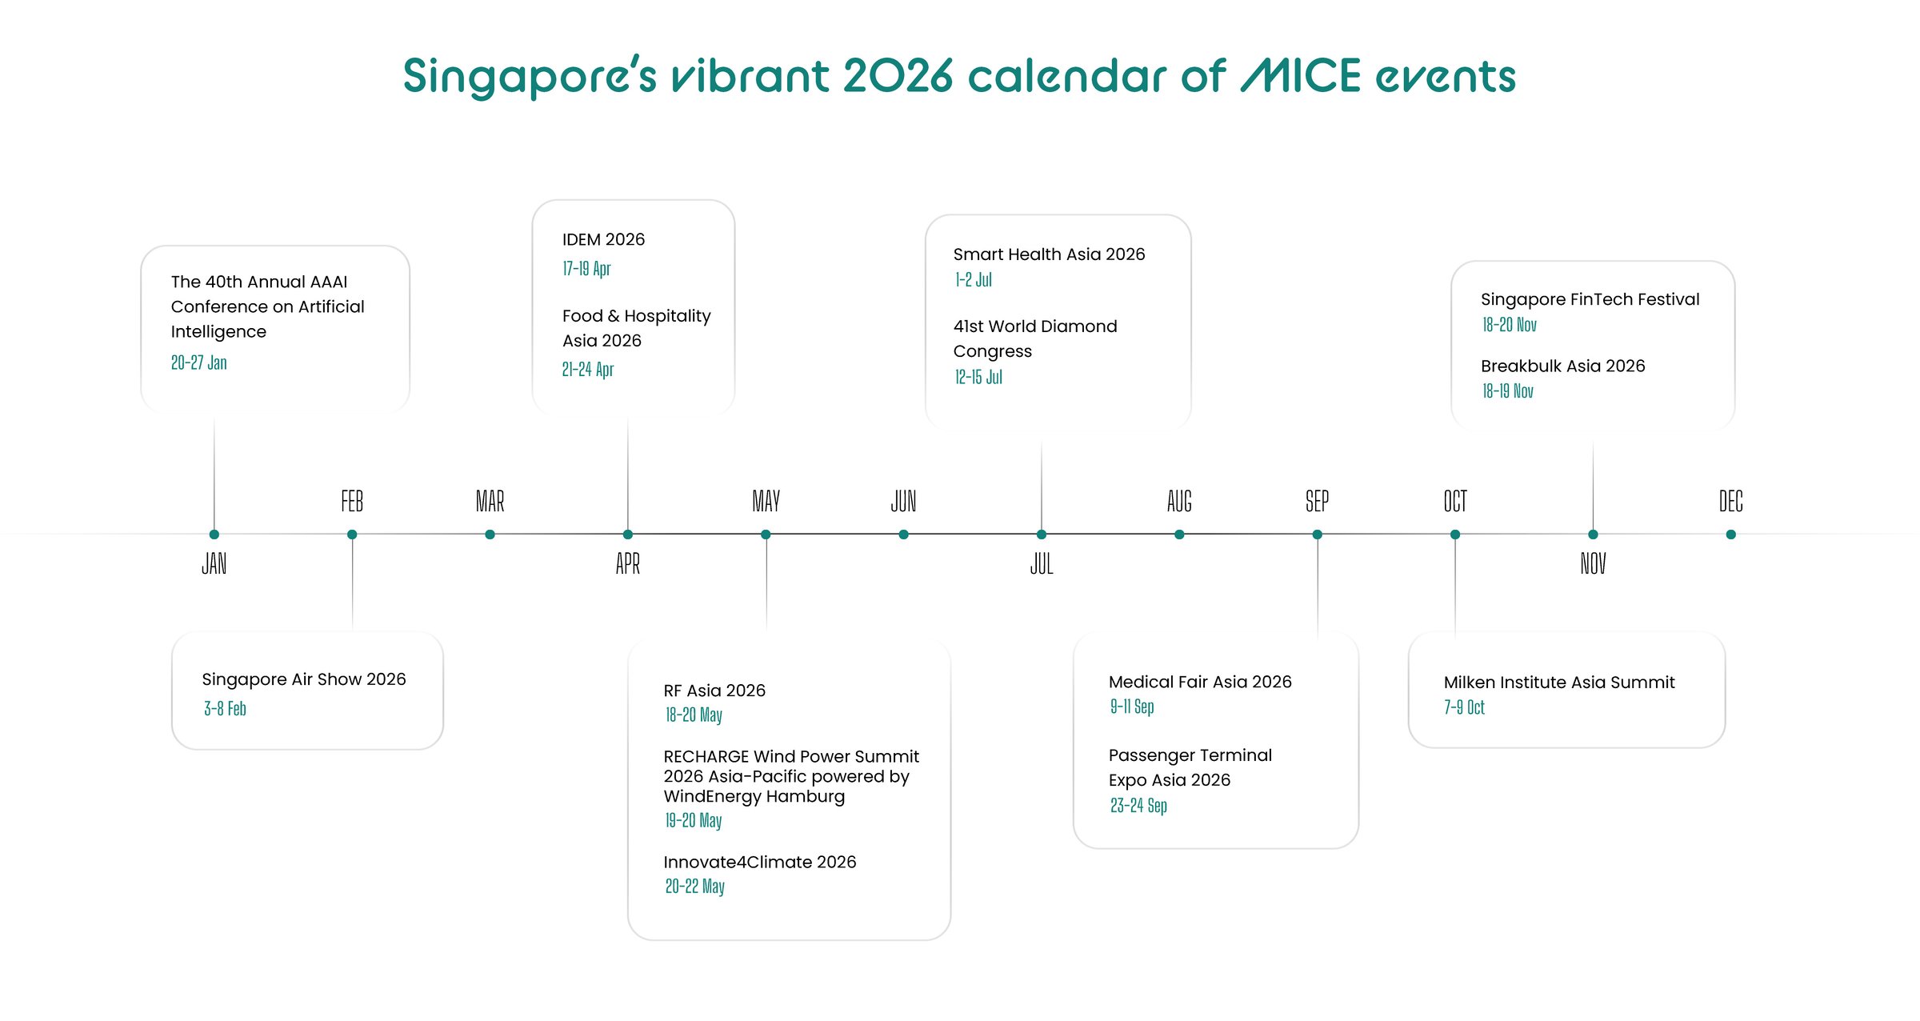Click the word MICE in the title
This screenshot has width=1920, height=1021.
[1301, 76]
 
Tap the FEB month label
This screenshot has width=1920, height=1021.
[352, 502]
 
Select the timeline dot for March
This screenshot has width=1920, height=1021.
[490, 535]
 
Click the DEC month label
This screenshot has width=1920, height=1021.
[1730, 502]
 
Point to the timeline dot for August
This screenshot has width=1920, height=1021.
[1179, 535]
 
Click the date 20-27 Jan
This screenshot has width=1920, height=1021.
[199, 362]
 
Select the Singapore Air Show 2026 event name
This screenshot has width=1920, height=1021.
[304, 679]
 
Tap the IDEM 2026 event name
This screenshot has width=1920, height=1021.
[603, 239]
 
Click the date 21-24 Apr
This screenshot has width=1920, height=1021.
[588, 369]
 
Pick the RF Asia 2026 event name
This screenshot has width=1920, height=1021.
[714, 691]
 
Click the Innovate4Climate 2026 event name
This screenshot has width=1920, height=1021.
[760, 862]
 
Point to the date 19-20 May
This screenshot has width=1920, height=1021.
[694, 820]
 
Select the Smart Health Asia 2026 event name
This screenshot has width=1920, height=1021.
[1049, 254]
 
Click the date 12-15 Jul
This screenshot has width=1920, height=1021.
[978, 377]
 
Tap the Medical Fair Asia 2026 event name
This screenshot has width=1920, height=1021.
[1200, 682]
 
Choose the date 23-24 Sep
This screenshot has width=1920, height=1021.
[1138, 806]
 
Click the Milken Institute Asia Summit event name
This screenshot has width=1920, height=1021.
[1559, 683]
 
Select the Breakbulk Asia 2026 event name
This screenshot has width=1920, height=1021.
[1563, 366]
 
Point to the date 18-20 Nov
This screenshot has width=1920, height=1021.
[1510, 325]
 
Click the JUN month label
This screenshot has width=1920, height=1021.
[904, 502]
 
